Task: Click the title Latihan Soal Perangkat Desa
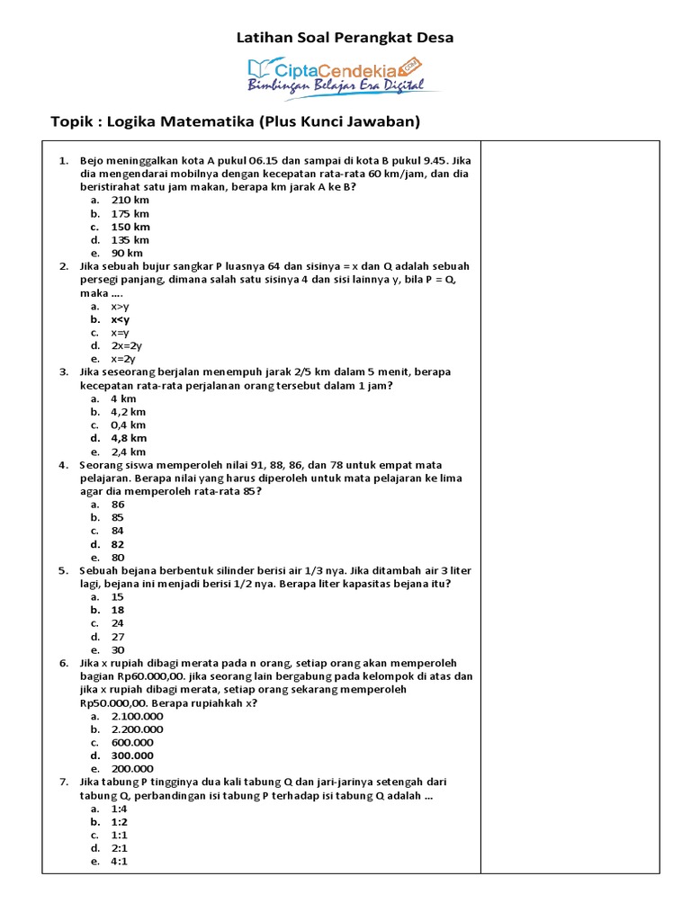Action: (x=345, y=38)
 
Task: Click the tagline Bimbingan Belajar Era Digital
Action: (x=344, y=85)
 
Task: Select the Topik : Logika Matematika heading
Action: (x=236, y=121)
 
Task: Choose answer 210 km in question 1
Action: (x=130, y=201)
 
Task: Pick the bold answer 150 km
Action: (x=130, y=227)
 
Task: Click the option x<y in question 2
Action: (x=121, y=319)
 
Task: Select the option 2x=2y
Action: (x=127, y=345)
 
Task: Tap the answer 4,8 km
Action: (x=129, y=438)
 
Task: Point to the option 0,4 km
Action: (x=129, y=425)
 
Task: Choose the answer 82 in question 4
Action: (x=118, y=544)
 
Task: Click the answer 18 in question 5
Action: (x=118, y=610)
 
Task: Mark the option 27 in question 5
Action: (x=118, y=636)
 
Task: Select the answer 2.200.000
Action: (x=137, y=729)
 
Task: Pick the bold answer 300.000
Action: (x=132, y=756)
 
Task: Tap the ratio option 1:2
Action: (x=120, y=821)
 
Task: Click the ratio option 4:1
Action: (x=120, y=861)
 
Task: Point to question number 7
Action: (x=64, y=782)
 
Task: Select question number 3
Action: (x=64, y=371)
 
